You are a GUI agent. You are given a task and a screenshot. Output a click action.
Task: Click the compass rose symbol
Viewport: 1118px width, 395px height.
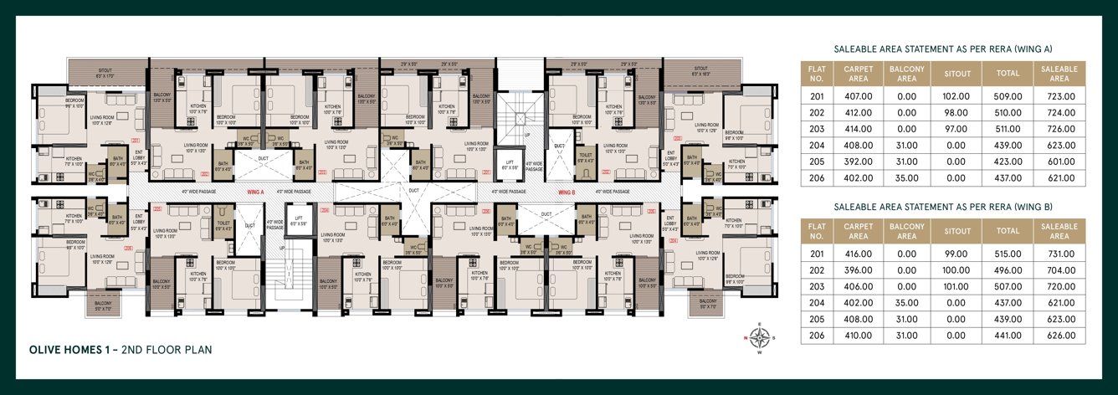tap(760, 339)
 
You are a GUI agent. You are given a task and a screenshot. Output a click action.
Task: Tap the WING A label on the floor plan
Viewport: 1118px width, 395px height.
tap(255, 192)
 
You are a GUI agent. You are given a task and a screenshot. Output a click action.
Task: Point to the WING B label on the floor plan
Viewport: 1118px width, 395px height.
tap(568, 192)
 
